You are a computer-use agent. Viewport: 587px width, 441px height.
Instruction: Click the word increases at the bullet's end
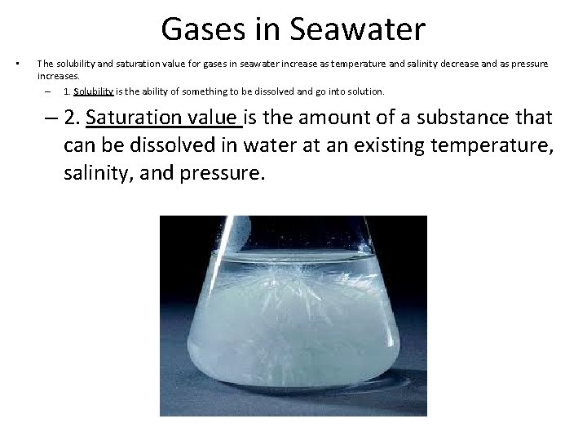coord(58,76)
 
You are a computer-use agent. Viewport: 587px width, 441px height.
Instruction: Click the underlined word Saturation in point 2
coord(129,118)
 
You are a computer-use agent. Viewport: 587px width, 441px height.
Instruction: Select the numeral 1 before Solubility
coord(66,91)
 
